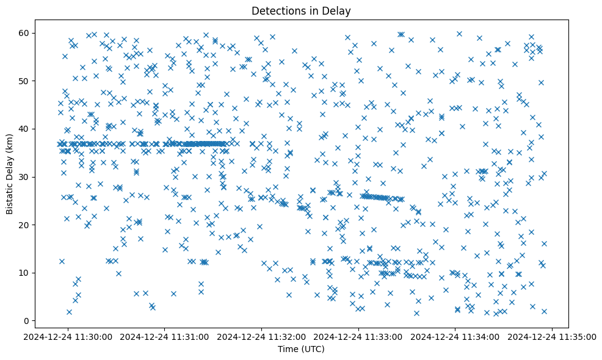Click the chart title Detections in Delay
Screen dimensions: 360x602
click(x=300, y=11)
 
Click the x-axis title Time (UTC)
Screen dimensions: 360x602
click(x=300, y=350)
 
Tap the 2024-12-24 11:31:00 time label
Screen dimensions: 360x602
click(x=165, y=336)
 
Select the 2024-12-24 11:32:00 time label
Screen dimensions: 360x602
click(x=262, y=336)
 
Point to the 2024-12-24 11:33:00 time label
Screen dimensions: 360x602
click(x=358, y=336)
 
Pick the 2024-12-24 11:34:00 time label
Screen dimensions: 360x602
click(x=455, y=336)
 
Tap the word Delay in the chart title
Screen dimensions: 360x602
click(x=339, y=11)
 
